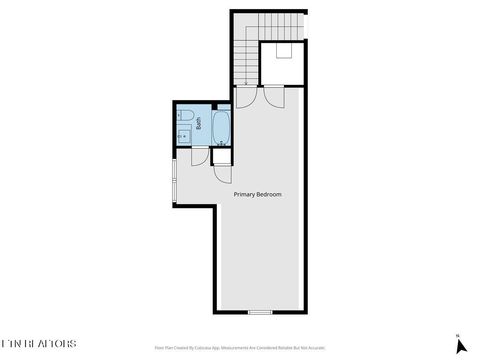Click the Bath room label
(198, 126)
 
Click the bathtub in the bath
(222, 126)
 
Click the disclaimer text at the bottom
(239, 348)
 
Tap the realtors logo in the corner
(38, 343)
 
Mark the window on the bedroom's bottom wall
(260, 312)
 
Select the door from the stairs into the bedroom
(246, 97)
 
